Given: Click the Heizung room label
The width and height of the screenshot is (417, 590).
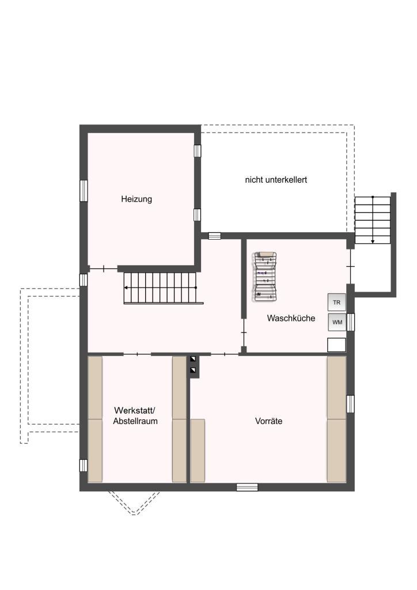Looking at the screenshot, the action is (137, 199).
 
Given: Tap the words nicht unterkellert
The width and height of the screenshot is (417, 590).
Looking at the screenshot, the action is (276, 180).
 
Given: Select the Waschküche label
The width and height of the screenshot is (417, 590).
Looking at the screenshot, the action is (291, 318).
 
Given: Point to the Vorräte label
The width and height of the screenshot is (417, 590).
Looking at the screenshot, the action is (268, 421).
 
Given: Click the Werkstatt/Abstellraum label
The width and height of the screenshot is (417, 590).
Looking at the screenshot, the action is (135, 416).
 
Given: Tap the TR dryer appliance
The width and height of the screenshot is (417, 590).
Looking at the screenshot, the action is (336, 302).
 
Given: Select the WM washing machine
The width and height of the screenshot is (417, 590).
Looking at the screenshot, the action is (337, 322).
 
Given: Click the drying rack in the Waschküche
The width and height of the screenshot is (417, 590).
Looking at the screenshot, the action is (266, 277).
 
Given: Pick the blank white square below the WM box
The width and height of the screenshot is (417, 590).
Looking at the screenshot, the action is (336, 345).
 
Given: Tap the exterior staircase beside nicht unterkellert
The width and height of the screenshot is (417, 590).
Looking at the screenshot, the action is (373, 220).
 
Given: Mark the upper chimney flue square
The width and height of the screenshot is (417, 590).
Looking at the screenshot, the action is (193, 359).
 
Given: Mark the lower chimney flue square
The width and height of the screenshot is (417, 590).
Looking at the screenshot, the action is (193, 370).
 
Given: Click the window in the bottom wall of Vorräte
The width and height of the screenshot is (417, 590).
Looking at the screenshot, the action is (247, 487).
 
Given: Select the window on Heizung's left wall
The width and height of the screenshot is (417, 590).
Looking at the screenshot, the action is (84, 191).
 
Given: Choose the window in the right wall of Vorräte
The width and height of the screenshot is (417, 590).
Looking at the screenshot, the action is (350, 404).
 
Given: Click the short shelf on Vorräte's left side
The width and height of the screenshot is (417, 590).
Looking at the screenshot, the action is (198, 451).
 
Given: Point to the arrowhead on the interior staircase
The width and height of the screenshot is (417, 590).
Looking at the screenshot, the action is (126, 288).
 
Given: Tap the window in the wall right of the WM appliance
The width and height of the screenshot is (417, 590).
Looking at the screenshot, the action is (350, 322).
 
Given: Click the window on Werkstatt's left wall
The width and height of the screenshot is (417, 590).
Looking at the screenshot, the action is (84, 466).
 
